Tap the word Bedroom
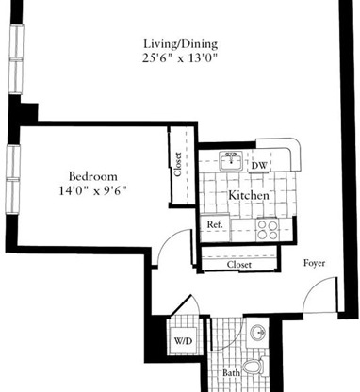91,175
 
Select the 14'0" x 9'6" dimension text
91,190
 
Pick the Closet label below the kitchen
239,266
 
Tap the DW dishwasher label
260,166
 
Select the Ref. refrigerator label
214,225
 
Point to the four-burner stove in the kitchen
267,226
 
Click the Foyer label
314,263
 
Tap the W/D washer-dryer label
183,341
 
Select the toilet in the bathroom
253,367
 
